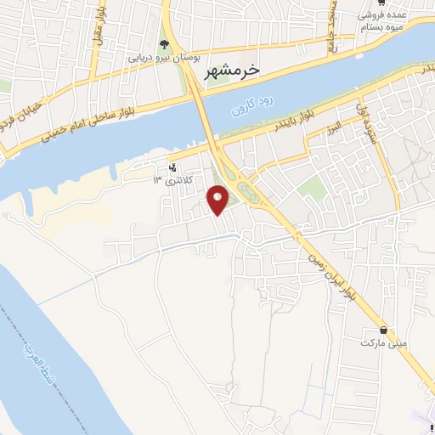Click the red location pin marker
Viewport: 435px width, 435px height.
(x=218, y=200)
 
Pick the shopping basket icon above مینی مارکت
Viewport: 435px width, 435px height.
(x=384, y=330)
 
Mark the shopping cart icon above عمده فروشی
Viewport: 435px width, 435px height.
(x=393, y=3)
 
